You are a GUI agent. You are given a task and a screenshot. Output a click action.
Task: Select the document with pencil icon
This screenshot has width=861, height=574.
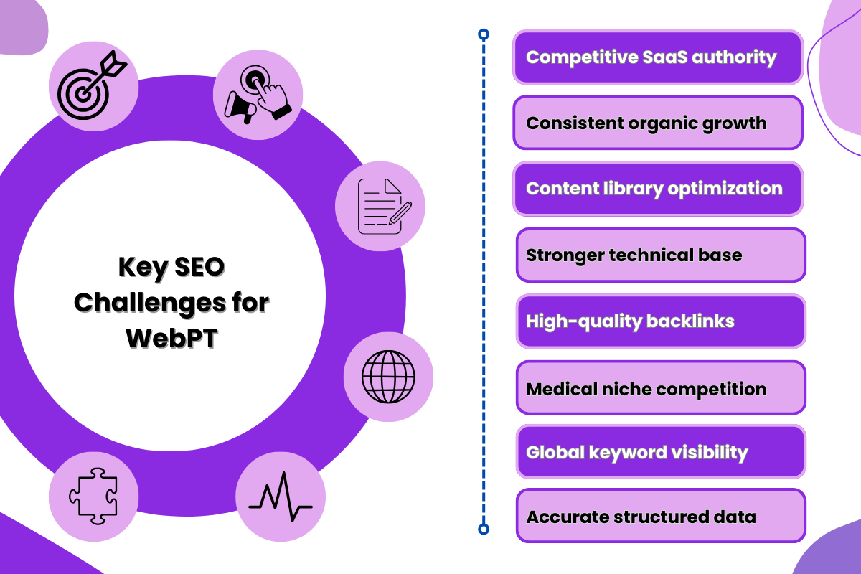pyautogui.click(x=380, y=207)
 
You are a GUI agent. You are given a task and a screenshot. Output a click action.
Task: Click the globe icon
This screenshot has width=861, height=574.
pyautogui.click(x=388, y=377)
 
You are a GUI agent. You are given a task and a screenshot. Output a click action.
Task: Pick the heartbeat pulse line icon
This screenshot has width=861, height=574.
pyautogui.click(x=281, y=497)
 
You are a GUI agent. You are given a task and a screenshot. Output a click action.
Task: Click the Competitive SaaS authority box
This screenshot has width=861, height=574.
pyautogui.click(x=657, y=57)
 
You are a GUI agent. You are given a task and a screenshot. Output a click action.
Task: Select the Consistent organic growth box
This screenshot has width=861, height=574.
pyautogui.click(x=657, y=123)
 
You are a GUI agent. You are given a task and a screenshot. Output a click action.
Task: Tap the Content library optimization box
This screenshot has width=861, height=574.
pyautogui.click(x=657, y=189)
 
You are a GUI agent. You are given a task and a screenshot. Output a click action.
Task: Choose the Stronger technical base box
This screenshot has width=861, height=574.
pyautogui.click(x=660, y=255)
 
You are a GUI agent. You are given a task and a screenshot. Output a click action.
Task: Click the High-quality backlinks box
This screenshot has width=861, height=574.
pyautogui.click(x=660, y=321)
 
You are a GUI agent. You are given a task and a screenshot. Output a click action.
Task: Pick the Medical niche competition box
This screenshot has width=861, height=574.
pyautogui.click(x=660, y=389)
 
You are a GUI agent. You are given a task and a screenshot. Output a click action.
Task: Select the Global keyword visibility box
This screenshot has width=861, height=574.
pyautogui.click(x=660, y=452)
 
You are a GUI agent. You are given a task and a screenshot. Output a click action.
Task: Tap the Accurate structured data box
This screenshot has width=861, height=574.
pyautogui.click(x=660, y=516)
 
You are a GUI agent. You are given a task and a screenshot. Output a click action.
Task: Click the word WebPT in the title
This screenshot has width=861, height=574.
pyautogui.click(x=171, y=337)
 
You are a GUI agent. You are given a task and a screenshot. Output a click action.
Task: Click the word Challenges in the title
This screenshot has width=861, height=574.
pyautogui.click(x=146, y=303)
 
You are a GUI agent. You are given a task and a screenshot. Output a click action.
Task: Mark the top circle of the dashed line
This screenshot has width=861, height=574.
pyautogui.click(x=484, y=34)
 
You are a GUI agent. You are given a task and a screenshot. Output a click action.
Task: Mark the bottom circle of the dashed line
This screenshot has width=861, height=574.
pyautogui.click(x=484, y=530)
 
